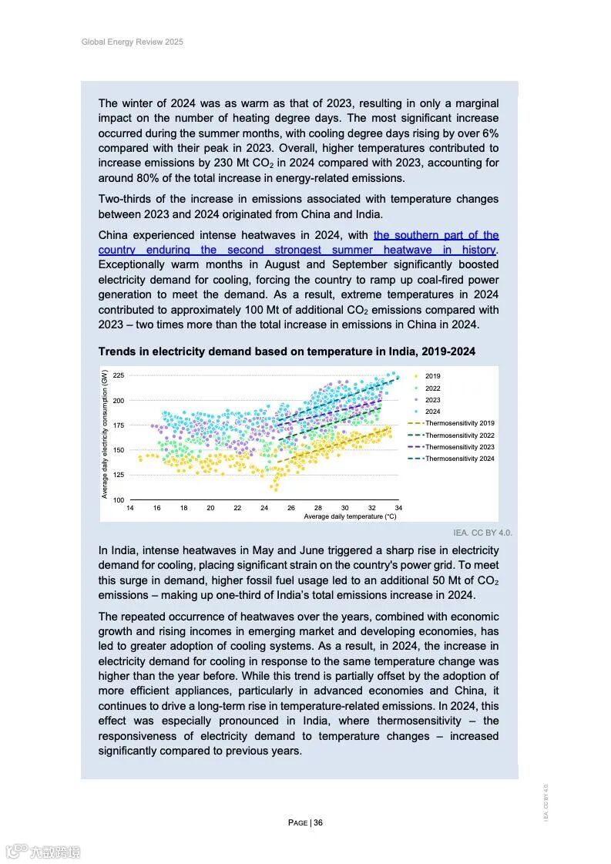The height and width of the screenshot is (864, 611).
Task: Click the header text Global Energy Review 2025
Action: click(132, 42)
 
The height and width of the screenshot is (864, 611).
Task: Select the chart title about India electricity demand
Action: click(287, 351)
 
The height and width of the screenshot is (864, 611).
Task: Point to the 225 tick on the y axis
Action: click(119, 375)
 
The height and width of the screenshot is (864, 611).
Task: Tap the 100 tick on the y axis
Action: click(119, 500)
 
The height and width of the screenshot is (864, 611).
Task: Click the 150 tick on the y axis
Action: click(119, 450)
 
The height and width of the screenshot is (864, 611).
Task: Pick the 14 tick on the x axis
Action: click(129, 509)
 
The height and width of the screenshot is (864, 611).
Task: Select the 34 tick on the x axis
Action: click(398, 509)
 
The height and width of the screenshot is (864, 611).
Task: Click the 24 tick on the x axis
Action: click(264, 509)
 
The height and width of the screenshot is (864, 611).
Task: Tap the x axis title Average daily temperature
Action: click(350, 517)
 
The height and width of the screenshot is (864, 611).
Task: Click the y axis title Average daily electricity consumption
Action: click(105, 434)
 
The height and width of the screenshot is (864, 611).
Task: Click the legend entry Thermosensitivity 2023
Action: click(459, 447)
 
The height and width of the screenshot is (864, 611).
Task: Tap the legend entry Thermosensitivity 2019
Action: click(459, 423)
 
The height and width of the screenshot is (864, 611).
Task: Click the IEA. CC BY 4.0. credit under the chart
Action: click(482, 533)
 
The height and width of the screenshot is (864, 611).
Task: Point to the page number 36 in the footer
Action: click(318, 822)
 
